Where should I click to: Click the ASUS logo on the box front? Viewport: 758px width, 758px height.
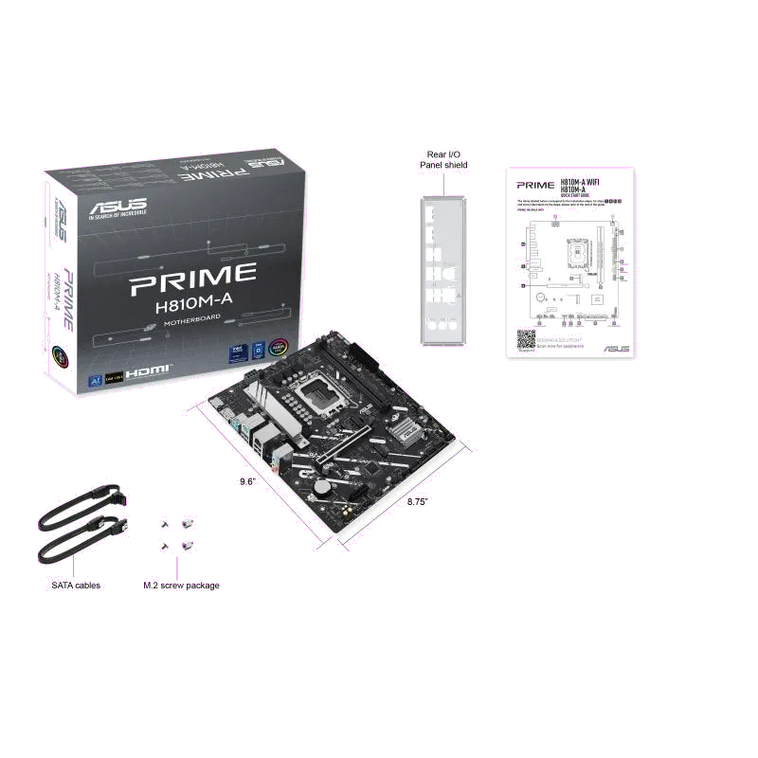tap(116, 204)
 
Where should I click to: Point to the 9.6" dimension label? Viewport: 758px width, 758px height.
tap(246, 481)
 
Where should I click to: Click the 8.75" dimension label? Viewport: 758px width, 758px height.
tap(418, 500)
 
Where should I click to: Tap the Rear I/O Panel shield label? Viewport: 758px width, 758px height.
tap(443, 159)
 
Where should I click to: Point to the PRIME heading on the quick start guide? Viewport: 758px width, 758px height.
tap(536, 185)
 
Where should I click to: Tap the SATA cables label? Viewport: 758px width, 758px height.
tap(75, 586)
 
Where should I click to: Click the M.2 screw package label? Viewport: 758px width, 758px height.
tap(181, 586)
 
